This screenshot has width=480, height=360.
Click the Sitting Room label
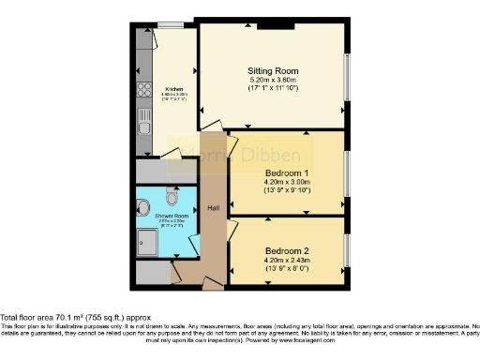click(x=273, y=71)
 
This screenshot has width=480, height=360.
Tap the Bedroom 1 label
click(x=287, y=174)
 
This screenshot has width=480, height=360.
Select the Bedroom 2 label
click(x=287, y=251)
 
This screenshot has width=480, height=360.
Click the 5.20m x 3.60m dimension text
click(x=273, y=82)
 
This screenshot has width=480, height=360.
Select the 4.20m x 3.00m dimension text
click(x=287, y=185)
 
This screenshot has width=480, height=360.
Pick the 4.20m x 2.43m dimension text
click(x=287, y=261)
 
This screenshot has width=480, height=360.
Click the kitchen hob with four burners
click(x=144, y=90)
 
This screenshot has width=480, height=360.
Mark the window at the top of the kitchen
click(x=171, y=23)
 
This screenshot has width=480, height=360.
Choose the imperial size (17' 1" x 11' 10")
click(x=273, y=91)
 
